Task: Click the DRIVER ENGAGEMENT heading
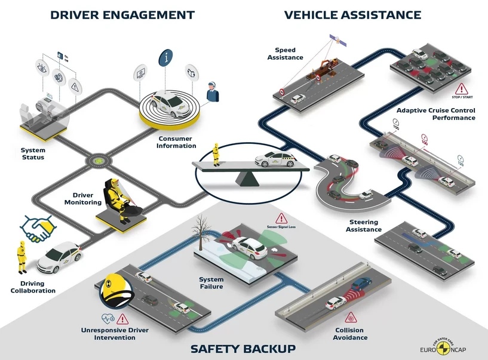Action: click(x=122, y=14)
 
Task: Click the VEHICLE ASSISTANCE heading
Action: click(x=352, y=14)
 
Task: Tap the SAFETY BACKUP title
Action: click(x=243, y=348)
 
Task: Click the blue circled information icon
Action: click(x=166, y=58)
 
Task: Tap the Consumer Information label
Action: click(x=177, y=142)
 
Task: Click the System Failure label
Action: click(x=211, y=283)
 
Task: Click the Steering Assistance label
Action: click(x=364, y=226)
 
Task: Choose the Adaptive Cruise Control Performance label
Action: click(x=435, y=114)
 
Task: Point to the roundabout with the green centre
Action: click(x=96, y=161)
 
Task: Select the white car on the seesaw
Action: click(x=274, y=159)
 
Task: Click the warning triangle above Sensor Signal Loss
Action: click(x=280, y=219)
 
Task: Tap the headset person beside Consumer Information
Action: click(x=213, y=93)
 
